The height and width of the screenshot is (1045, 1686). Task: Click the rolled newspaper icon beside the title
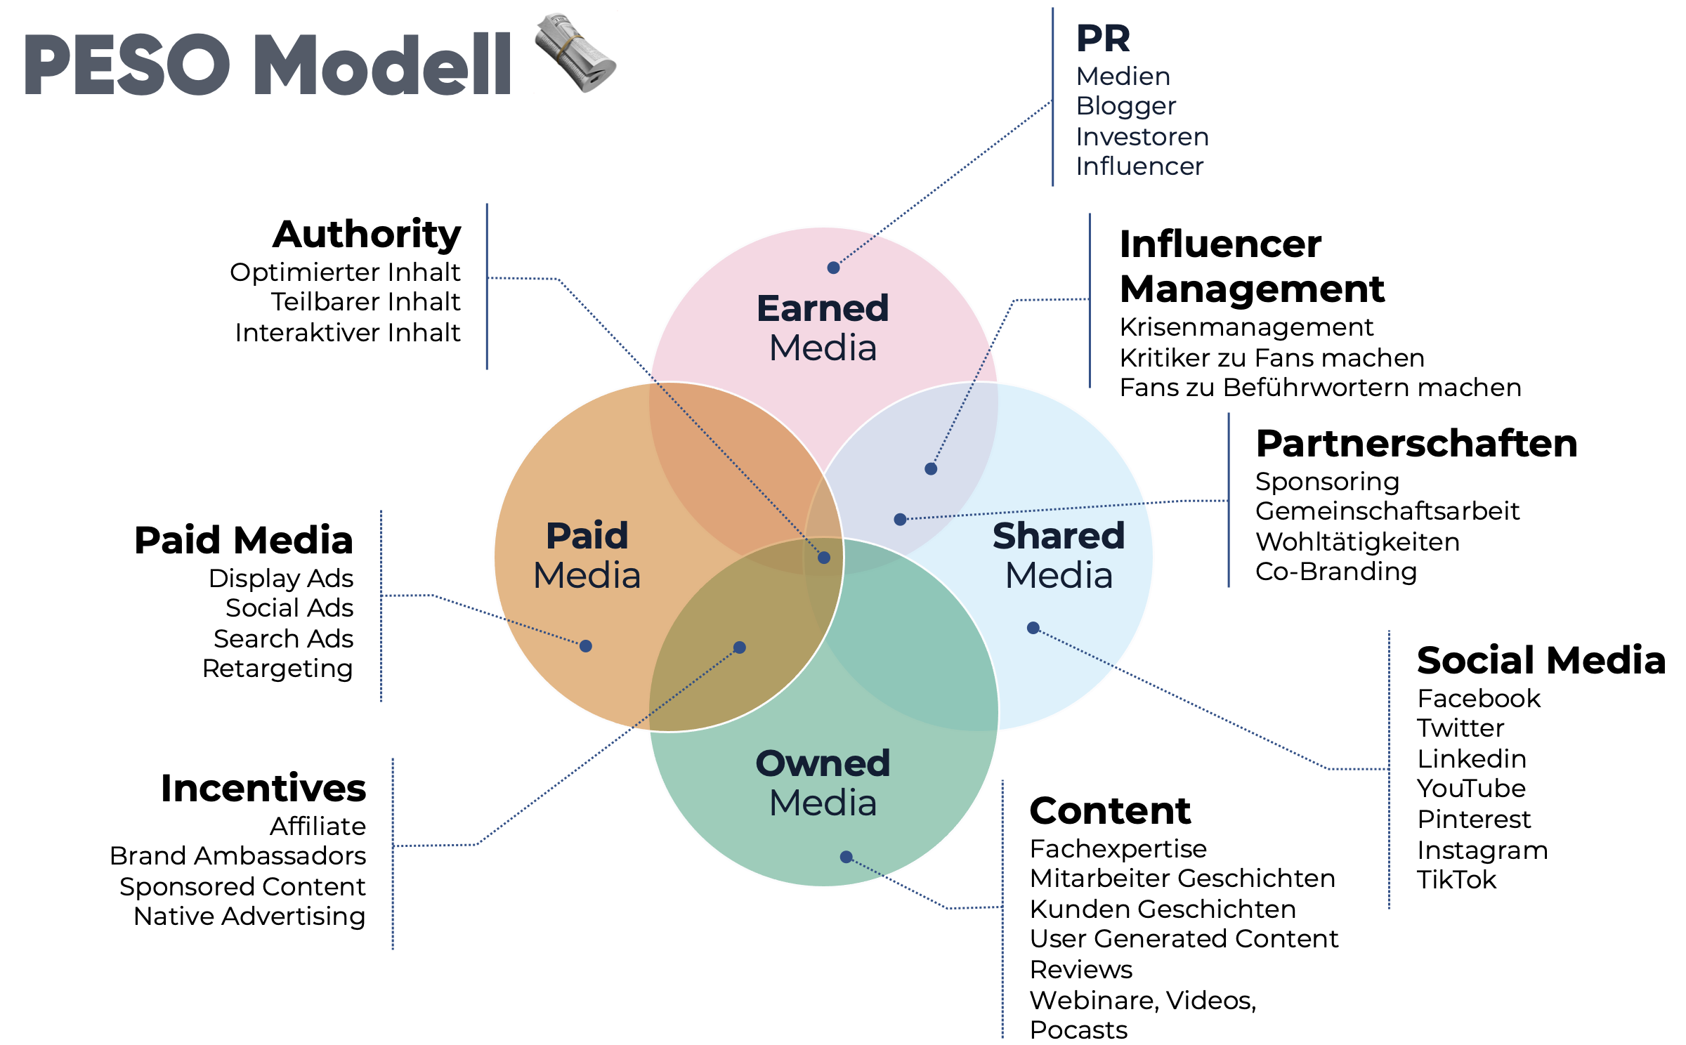[x=575, y=53]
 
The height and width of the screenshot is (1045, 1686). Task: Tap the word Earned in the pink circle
[x=823, y=308]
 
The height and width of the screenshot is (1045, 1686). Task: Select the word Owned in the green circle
[x=823, y=763]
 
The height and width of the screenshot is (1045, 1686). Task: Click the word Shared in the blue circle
[x=1059, y=536]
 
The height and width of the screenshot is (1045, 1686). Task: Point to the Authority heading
[x=367, y=234]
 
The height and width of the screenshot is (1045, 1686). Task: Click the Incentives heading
[x=263, y=788]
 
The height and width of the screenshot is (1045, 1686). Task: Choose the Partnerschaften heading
[x=1416, y=444]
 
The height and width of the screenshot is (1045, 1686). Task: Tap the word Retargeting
[x=277, y=669]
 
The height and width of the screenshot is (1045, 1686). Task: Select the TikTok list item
[x=1456, y=880]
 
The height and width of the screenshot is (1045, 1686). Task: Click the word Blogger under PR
[x=1125, y=106]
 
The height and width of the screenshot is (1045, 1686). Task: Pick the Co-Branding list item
[x=1335, y=572]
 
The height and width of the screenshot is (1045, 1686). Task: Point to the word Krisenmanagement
[x=1246, y=327]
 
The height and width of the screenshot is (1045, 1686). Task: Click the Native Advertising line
[x=249, y=916]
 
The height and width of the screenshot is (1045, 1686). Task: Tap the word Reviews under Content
[x=1081, y=970]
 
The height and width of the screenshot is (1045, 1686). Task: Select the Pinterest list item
[x=1473, y=820]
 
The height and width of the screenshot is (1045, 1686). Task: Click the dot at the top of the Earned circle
[x=833, y=268]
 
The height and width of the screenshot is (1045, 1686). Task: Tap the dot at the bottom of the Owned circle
[x=847, y=857]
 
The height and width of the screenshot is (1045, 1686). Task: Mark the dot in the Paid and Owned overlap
[x=740, y=648]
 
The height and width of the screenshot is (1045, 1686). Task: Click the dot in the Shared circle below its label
[x=1033, y=628]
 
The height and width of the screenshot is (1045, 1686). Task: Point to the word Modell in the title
[x=383, y=65]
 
